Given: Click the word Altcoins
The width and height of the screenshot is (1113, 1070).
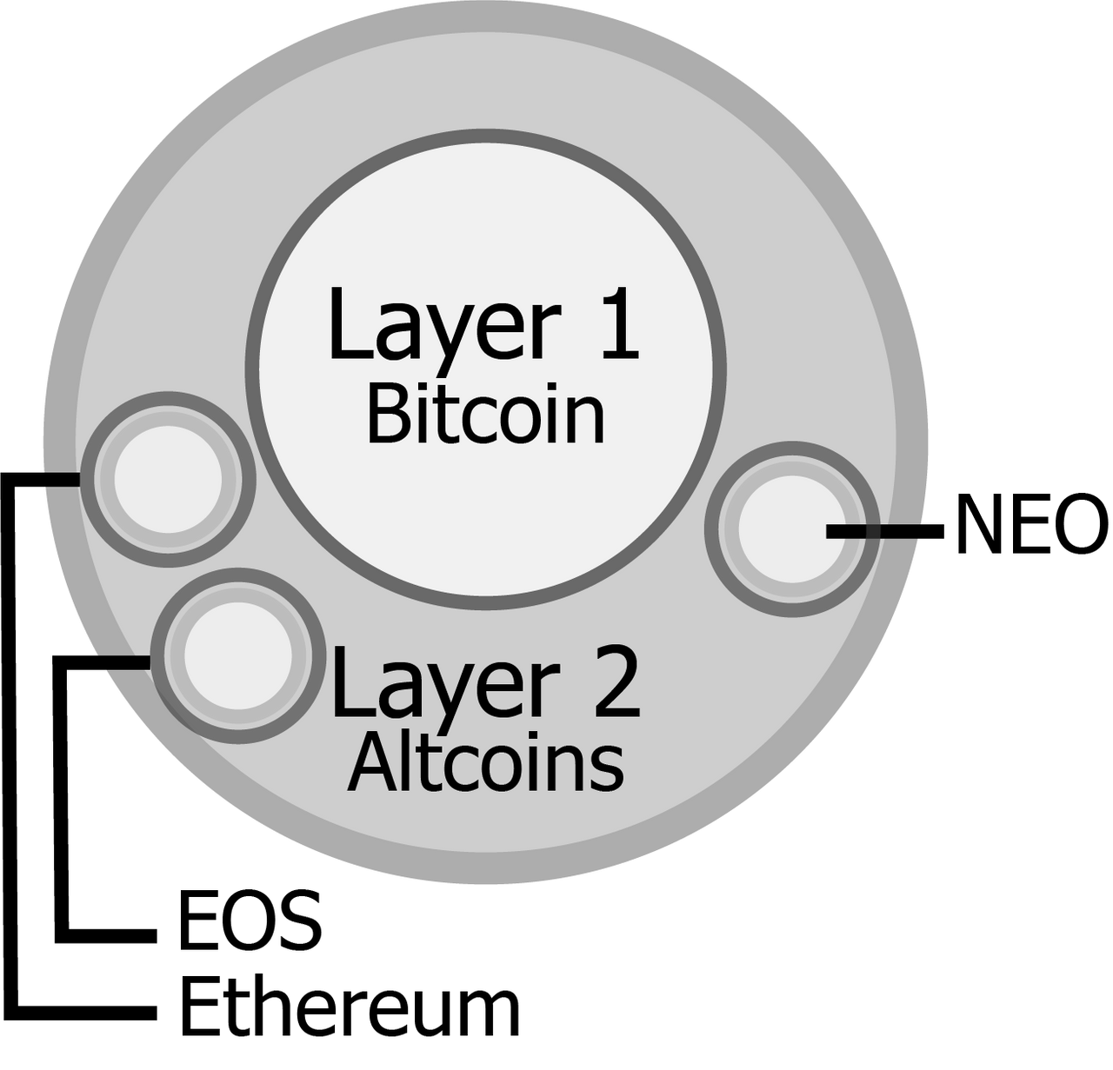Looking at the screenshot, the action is (485, 761).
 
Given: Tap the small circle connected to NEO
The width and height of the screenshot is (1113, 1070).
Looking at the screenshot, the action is (791, 529).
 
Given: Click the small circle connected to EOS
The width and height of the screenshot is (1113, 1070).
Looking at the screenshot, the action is (238, 655).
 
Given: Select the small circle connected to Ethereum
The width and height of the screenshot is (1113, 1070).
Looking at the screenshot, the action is (168, 479).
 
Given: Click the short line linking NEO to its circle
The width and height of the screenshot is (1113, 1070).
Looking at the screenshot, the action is (885, 531).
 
